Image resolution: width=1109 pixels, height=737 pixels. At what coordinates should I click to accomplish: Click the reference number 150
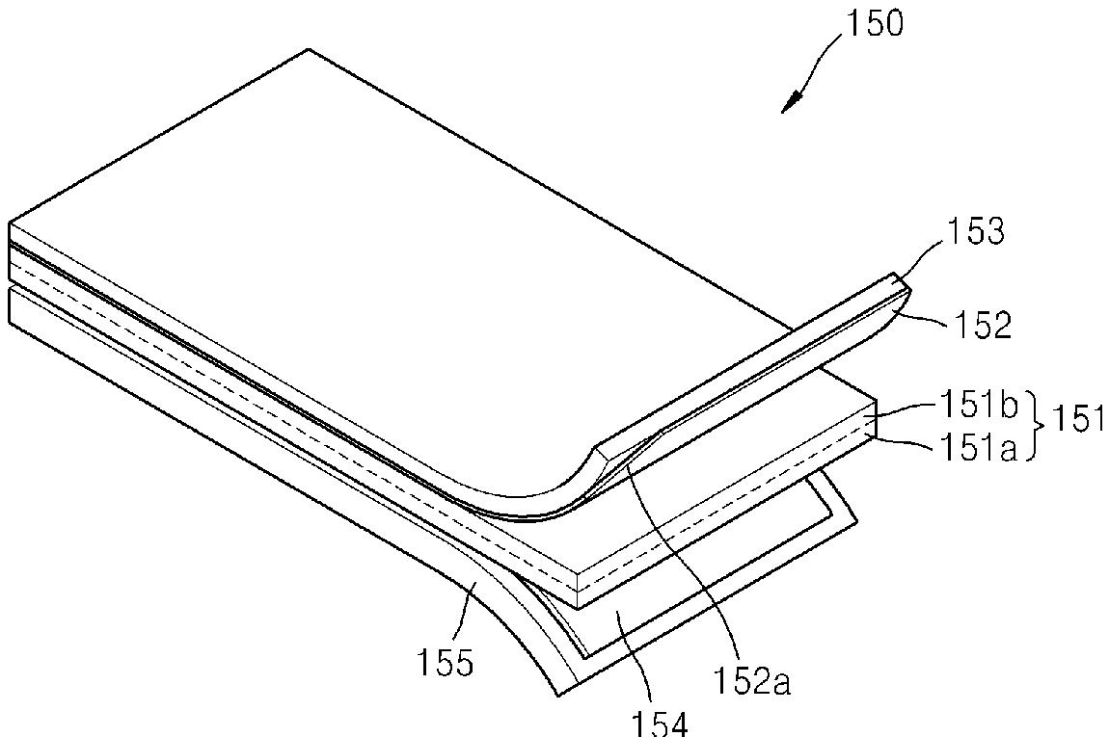tap(875, 24)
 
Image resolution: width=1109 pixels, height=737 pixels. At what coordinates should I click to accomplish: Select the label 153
tap(975, 231)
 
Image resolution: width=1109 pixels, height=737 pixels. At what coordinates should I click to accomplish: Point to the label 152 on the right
tap(983, 325)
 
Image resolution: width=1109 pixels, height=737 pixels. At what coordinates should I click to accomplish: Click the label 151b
tap(980, 406)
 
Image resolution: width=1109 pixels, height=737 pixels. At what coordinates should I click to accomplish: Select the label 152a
tap(751, 680)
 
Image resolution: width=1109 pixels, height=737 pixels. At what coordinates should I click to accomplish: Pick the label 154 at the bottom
tap(660, 723)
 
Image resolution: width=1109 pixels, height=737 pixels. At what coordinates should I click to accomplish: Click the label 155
tap(445, 663)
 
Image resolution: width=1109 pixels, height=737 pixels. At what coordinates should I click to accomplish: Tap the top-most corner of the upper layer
tap(309, 49)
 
